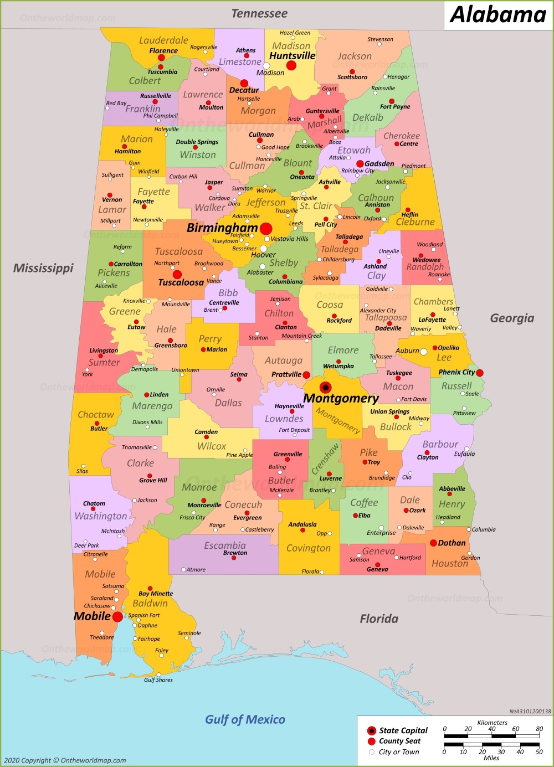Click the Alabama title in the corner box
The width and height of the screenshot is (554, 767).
[498, 15]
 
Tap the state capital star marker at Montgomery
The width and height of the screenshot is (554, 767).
[326, 387]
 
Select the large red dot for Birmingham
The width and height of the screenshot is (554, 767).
[266, 228]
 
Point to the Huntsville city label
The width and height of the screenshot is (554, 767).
[292, 56]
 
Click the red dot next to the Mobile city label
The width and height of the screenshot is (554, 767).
[117, 616]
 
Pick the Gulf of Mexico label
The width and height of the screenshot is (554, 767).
[245, 719]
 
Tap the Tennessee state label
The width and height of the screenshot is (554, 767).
[259, 13]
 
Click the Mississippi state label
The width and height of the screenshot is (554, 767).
[43, 268]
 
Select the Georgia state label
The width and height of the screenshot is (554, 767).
[512, 318]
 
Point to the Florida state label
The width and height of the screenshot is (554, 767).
[379, 619]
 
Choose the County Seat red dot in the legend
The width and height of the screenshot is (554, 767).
[372, 741]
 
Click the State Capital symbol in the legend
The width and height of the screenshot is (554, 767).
[372, 731]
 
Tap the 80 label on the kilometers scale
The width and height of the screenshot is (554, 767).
[539, 729]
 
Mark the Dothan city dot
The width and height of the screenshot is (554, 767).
[433, 543]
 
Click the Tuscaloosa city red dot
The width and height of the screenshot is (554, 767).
[177, 274]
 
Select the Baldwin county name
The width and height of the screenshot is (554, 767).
[150, 603]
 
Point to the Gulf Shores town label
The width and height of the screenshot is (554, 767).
[158, 680]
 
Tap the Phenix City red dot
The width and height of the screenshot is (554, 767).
[480, 373]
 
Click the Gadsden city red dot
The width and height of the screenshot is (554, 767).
[360, 164]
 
